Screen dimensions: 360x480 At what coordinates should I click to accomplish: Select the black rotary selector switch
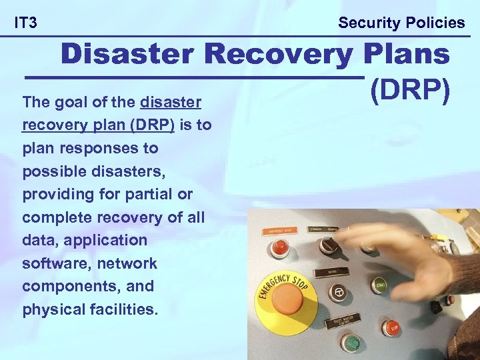pyautogui.click(x=327, y=246)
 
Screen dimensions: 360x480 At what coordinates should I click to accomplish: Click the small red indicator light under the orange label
pyautogui.click(x=280, y=249)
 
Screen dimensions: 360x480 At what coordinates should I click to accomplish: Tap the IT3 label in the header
pyautogui.click(x=25, y=23)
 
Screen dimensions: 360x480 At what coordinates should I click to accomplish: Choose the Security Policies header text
pyautogui.click(x=401, y=23)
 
